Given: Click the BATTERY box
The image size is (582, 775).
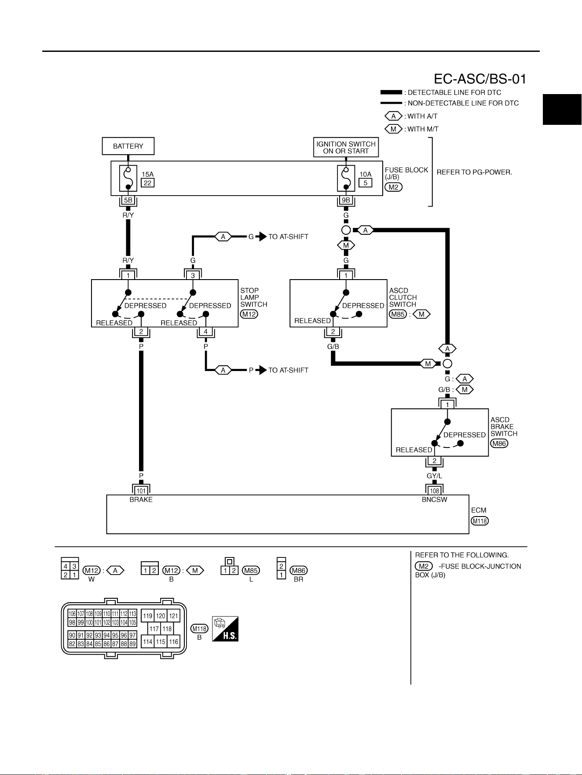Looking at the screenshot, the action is point(128,146).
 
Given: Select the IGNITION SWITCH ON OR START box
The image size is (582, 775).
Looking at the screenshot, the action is point(346,147).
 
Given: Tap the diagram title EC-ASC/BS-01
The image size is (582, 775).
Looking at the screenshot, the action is point(480,79).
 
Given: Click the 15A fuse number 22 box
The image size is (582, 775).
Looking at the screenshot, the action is point(148,183).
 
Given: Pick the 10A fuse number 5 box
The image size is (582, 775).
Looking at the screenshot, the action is point(365,183).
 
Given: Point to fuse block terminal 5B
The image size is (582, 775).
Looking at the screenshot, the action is point(128,200).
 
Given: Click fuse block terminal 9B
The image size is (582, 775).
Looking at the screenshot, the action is point(346,200).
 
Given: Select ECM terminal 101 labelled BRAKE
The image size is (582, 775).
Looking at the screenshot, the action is point(141,491).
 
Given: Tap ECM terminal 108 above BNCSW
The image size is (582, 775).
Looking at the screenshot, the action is point(435,491).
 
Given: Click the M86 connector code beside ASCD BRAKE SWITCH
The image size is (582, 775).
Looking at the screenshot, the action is point(499,443).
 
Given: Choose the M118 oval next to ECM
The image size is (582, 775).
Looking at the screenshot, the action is point(480,521).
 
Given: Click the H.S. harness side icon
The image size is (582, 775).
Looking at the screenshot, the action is point(225,629).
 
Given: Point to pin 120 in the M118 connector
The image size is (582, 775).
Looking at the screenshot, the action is point(161,616).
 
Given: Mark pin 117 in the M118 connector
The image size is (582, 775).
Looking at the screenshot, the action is point(154,629).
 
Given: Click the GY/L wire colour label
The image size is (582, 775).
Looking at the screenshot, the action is point(435,476).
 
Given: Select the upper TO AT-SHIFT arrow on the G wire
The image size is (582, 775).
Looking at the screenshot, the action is point(261,237).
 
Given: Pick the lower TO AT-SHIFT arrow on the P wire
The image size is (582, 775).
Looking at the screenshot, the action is point(261,370).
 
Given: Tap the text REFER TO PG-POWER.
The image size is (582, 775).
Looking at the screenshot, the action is point(474,172).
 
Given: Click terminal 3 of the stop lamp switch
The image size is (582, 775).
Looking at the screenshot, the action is point(193,275).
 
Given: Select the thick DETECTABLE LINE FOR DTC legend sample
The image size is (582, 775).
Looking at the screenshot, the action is point(391,92).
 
